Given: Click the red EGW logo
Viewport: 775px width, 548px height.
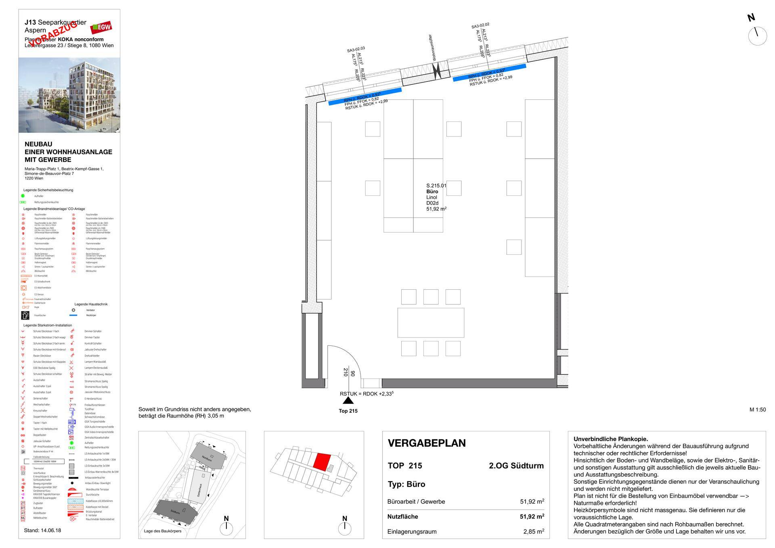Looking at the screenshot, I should coord(101,27).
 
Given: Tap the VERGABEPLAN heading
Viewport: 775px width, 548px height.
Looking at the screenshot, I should coord(427,443).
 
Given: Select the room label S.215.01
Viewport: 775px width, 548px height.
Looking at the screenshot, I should coord(436,186).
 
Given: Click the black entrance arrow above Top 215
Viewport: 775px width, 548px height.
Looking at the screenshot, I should coord(348,400).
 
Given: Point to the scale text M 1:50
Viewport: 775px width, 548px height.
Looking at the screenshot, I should coord(757,410).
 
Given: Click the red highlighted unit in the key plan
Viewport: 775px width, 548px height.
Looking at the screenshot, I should coord(322,461).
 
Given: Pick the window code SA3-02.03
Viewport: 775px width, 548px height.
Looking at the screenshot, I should coord(356,50).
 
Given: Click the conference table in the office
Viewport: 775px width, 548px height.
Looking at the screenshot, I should coord(431,322).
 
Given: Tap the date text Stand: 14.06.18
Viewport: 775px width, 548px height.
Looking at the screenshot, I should coord(43,530).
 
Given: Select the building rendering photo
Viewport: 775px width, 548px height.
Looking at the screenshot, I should coord(69,95).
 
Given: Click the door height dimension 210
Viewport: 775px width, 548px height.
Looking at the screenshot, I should coord(346,372).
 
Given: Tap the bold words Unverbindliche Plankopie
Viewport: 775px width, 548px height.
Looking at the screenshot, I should coord(610,439).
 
